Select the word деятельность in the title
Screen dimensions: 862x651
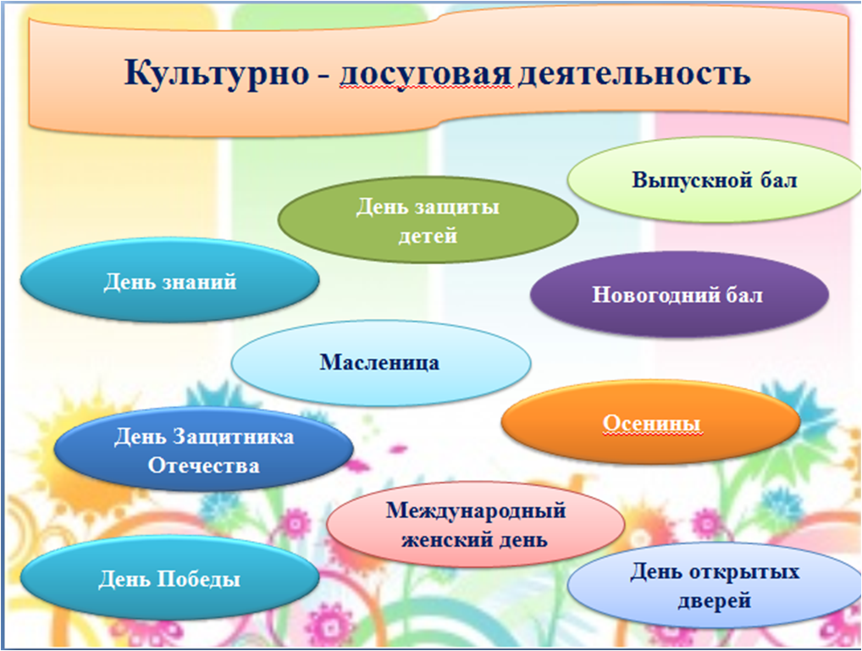pyautogui.click(x=634, y=74)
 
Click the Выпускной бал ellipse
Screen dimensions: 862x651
pyautogui.click(x=714, y=179)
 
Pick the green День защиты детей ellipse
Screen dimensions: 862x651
pyautogui.click(x=428, y=219)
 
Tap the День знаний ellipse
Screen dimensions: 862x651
pyautogui.click(x=170, y=280)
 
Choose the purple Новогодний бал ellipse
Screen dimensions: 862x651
pyautogui.click(x=679, y=294)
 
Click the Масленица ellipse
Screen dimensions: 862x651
pyautogui.click(x=380, y=363)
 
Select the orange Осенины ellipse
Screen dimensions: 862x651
pyautogui.click(x=651, y=422)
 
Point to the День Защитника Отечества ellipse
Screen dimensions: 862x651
pyautogui.click(x=203, y=450)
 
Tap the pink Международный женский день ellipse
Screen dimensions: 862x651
pyautogui.click(x=476, y=524)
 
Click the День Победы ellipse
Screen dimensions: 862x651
pyautogui.click(x=170, y=578)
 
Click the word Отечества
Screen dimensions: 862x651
pyautogui.click(x=203, y=465)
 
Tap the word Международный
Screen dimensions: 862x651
pyautogui.click(x=476, y=510)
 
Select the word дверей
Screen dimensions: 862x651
pyautogui.click(x=714, y=600)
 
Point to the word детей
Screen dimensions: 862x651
pyautogui.click(x=428, y=235)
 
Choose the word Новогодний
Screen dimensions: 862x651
pyautogui.click(x=646, y=295)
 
